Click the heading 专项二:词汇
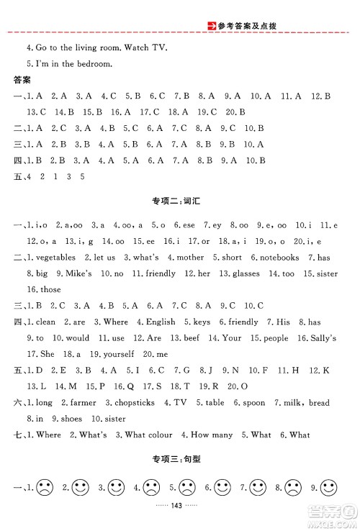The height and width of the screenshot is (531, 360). (x=180, y=204)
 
